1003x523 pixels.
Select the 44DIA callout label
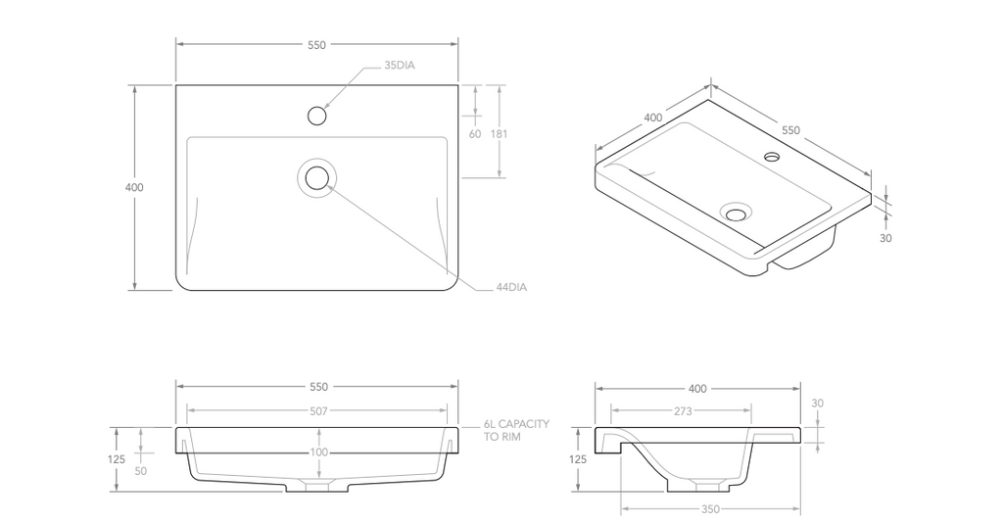click(x=511, y=288)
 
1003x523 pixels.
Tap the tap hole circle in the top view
click(x=316, y=116)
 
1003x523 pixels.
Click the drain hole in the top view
click(x=316, y=178)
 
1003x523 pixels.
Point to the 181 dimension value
click(x=500, y=134)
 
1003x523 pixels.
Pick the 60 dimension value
click(x=475, y=134)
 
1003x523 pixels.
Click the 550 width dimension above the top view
click(x=316, y=45)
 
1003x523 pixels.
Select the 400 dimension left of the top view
click(x=134, y=187)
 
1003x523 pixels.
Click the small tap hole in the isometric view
click(x=772, y=156)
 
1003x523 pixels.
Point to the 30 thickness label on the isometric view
click(x=885, y=237)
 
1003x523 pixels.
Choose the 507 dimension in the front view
click(x=318, y=411)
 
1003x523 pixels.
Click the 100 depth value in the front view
click(x=318, y=452)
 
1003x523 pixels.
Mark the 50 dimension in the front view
click(x=141, y=471)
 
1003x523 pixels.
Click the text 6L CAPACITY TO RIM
click(x=516, y=430)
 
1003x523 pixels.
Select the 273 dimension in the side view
click(x=683, y=411)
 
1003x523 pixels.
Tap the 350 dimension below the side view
click(x=710, y=508)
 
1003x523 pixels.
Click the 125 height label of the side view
click(x=578, y=459)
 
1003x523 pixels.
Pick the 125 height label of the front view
click(x=117, y=459)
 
